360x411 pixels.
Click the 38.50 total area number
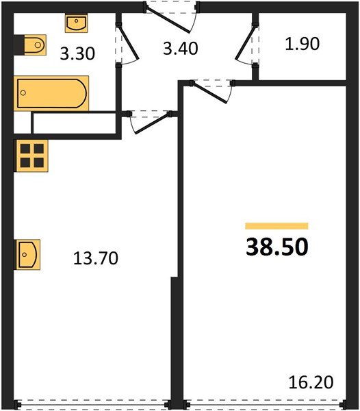click(x=277, y=247)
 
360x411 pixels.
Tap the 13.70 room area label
click(x=96, y=258)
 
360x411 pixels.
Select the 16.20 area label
click(x=311, y=382)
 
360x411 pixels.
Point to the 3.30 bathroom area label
click(x=77, y=53)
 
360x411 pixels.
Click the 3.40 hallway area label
click(x=181, y=49)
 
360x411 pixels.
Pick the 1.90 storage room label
click(x=302, y=44)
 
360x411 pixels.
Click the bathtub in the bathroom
click(x=51, y=93)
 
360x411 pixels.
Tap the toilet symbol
click(x=35, y=45)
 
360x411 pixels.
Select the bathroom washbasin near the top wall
click(x=76, y=23)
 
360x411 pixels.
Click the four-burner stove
click(x=32, y=155)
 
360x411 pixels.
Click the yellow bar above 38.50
click(x=277, y=226)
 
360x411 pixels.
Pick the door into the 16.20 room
click(x=209, y=92)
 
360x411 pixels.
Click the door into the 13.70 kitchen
click(x=153, y=123)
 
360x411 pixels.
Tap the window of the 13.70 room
click(x=93, y=404)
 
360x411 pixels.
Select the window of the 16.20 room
click(x=265, y=404)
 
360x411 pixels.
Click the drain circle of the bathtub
click(x=23, y=92)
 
